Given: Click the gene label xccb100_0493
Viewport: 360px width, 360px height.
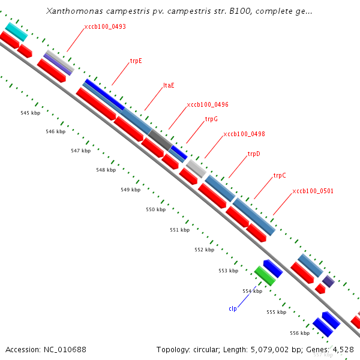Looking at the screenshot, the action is point(105,27).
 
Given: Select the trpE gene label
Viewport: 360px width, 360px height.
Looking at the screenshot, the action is point(136,61).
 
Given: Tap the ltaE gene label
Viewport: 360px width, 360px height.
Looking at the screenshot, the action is point(169,85).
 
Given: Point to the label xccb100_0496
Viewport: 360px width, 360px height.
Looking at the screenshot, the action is point(208,104).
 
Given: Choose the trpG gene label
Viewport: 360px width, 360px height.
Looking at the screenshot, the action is point(211,119).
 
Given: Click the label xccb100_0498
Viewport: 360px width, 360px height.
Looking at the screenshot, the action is point(244,134).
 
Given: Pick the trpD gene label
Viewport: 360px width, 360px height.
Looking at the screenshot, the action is point(254,154).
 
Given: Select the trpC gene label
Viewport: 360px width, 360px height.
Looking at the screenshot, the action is point(280,176).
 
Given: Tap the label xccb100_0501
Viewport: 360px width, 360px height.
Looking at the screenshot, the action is point(313,191).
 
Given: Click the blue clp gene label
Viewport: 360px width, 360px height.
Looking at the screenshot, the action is point(233,308).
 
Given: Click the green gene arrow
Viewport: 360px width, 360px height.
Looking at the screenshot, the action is point(265,275).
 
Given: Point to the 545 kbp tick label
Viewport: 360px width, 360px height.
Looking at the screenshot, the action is point(30,113).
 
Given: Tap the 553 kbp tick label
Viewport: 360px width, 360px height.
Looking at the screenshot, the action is point(228,271).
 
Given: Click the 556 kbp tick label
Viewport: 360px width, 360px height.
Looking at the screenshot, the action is point(299,333).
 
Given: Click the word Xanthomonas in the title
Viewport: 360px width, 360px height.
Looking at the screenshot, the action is point(71,11).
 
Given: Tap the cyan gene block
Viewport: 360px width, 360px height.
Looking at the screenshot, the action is point(16,31).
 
